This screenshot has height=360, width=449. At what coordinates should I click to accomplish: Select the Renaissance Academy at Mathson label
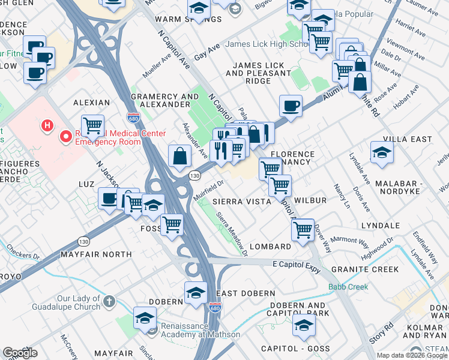pos(200,335)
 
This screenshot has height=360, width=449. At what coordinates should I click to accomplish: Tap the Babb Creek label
pos(348,287)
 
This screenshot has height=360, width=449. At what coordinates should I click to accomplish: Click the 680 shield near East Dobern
pos(215,308)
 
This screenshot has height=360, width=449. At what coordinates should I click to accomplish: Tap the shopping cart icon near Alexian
pos(92,125)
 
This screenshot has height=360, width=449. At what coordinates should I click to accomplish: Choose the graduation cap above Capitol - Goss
pos(304,325)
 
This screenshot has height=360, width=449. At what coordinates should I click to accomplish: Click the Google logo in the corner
pos(19,353)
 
